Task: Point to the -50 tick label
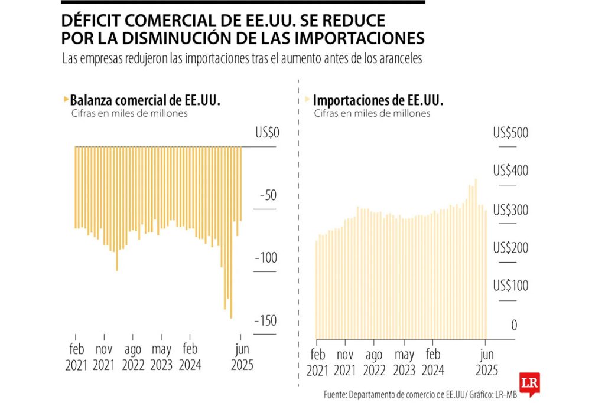pos(267,196)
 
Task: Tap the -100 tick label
pos(264,258)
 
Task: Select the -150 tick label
pos(264,320)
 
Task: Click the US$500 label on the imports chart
pos(510,133)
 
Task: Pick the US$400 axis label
pos(510,171)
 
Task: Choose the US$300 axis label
pos(510,209)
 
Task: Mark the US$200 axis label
pos(510,248)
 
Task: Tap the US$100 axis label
pos(510,286)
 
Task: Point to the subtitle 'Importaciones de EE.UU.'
pos(378,100)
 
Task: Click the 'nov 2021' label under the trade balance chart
pos(104,357)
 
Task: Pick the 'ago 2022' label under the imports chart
pos(375,362)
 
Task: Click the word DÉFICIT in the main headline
pos(97,21)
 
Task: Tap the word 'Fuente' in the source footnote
pos(335,394)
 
